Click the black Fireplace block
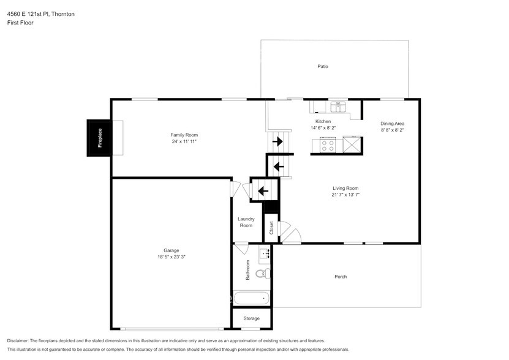point(99,138)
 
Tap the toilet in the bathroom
point(263,274)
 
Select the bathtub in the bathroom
point(252,298)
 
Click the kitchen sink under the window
point(338,107)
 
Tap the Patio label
point(323,67)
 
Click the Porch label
point(341,277)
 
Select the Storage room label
point(252,318)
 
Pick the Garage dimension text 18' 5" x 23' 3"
point(172,257)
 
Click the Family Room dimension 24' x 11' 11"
point(184,141)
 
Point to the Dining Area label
point(393,123)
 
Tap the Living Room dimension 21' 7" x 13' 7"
point(345,195)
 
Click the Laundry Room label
point(246,222)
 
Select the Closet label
point(271,228)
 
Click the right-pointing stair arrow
point(277,141)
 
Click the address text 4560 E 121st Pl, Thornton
point(41,14)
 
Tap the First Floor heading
point(20,23)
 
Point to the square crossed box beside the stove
point(352,144)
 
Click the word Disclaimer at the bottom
point(18,341)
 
